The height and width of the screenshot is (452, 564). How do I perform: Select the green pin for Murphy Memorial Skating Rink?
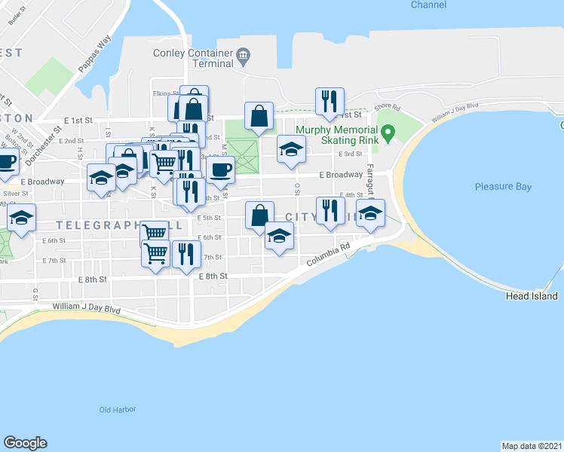click(388, 134)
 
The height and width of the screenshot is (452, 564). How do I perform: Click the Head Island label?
click(532, 297)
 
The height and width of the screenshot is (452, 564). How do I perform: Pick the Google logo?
click(25, 443)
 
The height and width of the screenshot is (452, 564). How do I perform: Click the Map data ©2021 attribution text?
click(532, 445)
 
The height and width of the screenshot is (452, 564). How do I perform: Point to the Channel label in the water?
click(428, 5)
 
